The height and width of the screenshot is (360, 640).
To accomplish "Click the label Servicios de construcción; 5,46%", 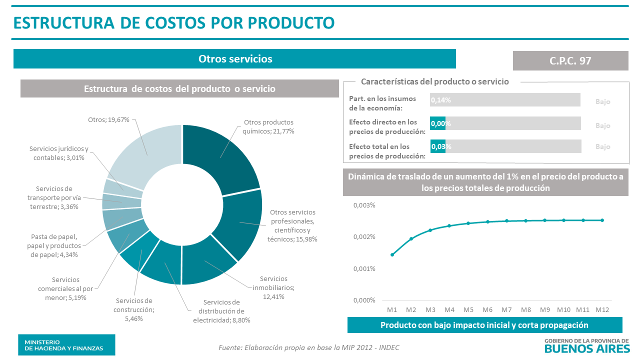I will coord(134,309).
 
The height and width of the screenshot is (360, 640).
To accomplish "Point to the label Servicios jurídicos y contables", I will coord(59,153).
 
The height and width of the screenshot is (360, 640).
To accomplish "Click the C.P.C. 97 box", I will coord(570,60).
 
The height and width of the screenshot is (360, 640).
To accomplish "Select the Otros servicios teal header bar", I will coord(234,58).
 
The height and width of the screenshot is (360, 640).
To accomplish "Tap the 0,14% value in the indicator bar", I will coord(441,100).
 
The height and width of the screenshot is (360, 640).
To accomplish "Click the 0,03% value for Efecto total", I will coord(441,146).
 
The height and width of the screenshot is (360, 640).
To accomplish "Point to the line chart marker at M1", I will coord(392,255).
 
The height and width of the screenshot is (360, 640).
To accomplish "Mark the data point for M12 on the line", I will coord(602,220).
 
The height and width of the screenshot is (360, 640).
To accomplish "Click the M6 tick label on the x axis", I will coord(487,310).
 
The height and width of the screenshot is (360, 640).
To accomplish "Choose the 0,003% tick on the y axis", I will coord(364,205).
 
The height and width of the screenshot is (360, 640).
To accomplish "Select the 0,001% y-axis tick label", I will coord(364,268).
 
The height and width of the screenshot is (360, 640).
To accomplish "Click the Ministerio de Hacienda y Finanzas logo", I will coord(66,344).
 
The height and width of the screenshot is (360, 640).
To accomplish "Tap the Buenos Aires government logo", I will coord(586,345).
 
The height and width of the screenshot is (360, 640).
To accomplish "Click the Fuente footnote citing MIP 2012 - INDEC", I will coord(309,347).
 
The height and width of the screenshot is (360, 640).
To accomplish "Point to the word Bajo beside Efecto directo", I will coord(602,125).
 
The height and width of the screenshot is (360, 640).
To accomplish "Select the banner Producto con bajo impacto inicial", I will coord(484,325).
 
